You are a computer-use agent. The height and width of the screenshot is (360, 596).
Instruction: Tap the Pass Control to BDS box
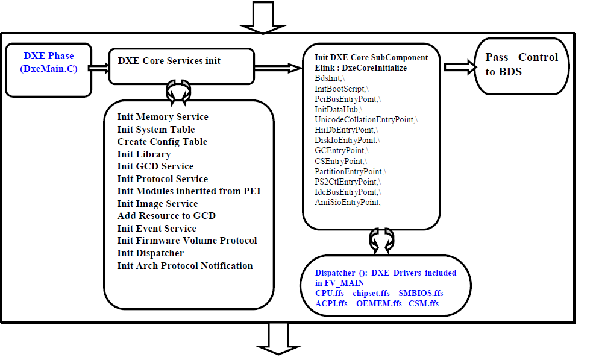(x=522, y=65)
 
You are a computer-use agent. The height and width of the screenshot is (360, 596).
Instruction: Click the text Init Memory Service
(x=162, y=117)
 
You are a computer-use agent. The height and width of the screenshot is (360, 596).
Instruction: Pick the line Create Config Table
(x=162, y=142)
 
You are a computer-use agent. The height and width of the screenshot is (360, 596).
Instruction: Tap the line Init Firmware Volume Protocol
(x=187, y=241)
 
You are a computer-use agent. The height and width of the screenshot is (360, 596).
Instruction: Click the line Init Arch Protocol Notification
(x=184, y=266)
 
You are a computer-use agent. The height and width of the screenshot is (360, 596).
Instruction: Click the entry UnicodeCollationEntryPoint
(x=365, y=120)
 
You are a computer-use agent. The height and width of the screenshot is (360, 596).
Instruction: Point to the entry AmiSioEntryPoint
(x=347, y=203)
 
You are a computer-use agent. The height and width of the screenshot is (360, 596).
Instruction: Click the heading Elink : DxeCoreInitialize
(x=360, y=68)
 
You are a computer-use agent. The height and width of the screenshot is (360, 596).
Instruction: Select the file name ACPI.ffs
(x=331, y=303)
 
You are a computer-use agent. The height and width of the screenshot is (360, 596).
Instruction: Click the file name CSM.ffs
(x=423, y=303)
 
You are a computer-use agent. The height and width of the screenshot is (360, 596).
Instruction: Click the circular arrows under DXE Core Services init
(x=179, y=91)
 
